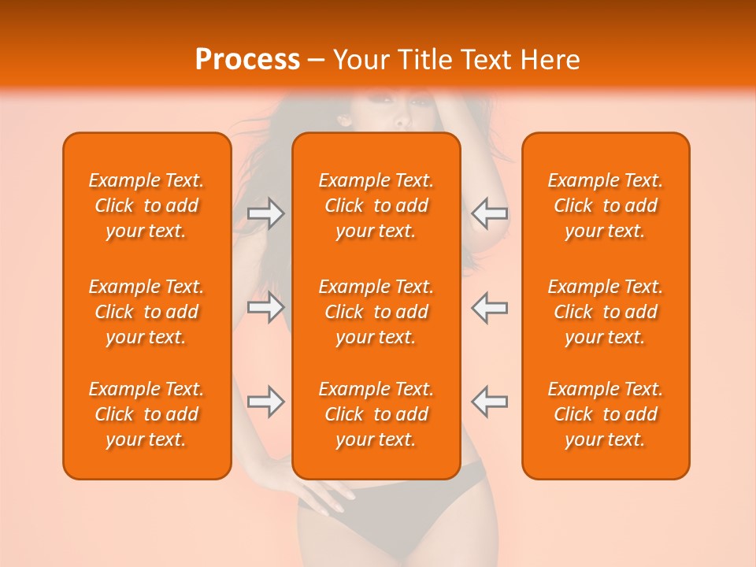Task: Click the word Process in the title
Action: click(247, 60)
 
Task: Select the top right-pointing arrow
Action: click(265, 213)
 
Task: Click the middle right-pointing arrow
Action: click(265, 306)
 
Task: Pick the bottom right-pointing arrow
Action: click(265, 401)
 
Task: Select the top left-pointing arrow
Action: click(489, 213)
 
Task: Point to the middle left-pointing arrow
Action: click(489, 306)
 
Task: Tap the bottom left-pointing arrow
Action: click(489, 401)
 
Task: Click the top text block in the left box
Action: click(146, 206)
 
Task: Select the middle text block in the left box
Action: click(146, 312)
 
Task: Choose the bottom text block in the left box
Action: click(146, 414)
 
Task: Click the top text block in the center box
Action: click(376, 206)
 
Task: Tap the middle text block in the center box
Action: click(376, 312)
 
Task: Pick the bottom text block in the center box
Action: click(376, 414)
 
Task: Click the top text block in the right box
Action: click(606, 206)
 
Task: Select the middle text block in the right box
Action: click(606, 312)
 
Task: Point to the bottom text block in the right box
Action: click(606, 414)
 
